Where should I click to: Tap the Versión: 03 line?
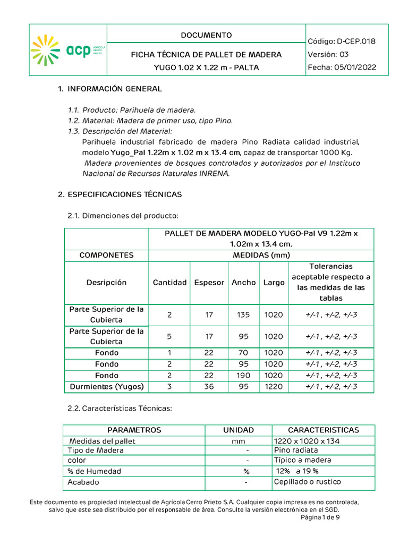pos(328,54)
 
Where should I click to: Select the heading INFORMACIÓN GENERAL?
pos(114,89)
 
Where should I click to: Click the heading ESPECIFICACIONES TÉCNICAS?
pos(124,194)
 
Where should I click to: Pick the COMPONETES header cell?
pos(106,255)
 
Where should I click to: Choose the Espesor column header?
pos(209,283)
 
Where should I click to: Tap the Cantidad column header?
pos(169,283)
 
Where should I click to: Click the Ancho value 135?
pos(243,314)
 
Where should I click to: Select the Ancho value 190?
pos(243,376)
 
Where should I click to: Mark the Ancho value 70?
pos(243,353)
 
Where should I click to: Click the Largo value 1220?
pos(274,387)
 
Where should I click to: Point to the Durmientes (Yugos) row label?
pos(107,387)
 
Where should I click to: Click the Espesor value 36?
pos(209,387)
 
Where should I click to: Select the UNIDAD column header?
pos(239,430)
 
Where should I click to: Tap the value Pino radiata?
pos(295,450)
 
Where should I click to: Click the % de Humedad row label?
pos(94,471)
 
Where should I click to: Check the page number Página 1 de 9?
pos(320,517)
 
